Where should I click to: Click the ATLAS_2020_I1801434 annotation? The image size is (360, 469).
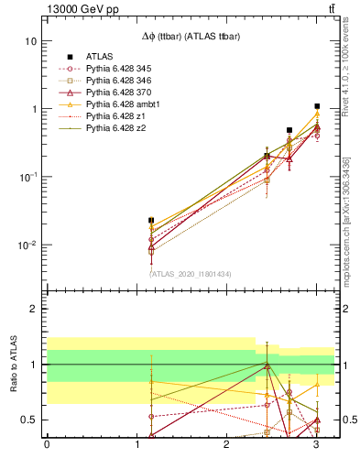[x=190, y=273]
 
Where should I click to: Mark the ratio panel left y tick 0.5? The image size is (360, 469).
[x=32, y=420]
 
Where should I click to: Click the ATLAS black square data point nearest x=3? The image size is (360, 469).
[x=317, y=106]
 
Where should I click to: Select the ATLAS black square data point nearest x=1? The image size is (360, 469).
[x=151, y=221]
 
